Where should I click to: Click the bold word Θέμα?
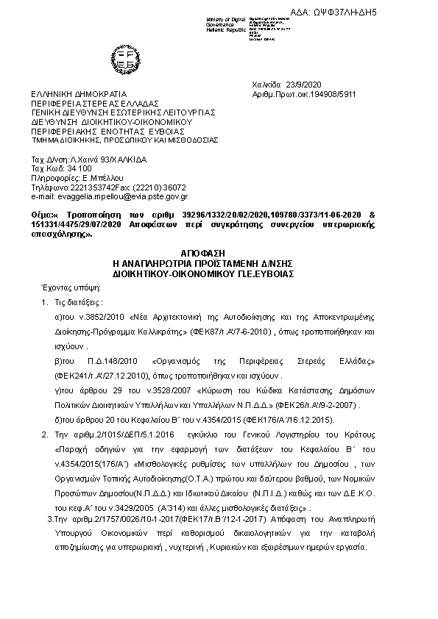(41, 211)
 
